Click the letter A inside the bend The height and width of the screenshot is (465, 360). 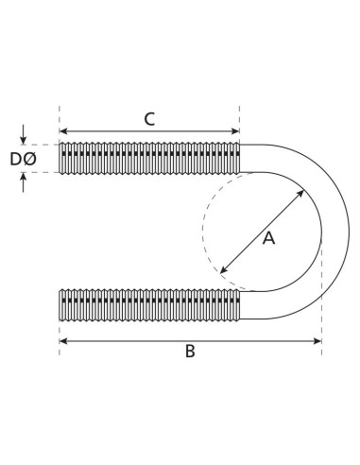pyautogui.click(x=268, y=239)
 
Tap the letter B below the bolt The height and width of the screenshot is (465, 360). pyautogui.click(x=190, y=352)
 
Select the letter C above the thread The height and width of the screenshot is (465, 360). pyautogui.click(x=149, y=119)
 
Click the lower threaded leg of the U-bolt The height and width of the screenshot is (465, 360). pyautogui.click(x=149, y=304)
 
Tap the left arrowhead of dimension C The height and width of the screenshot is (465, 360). pyautogui.click(x=63, y=132)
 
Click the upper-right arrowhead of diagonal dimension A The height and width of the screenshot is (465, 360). pyautogui.click(x=302, y=192)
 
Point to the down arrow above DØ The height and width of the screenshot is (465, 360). pyautogui.click(x=24, y=138)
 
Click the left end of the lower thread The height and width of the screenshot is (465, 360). pyautogui.click(x=61, y=304)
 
